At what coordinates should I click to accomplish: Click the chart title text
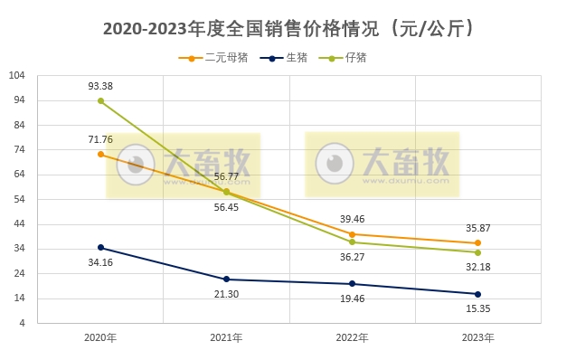click(288, 29)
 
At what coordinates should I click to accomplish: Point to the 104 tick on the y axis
click(17, 75)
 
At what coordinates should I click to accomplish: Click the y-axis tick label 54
click(20, 199)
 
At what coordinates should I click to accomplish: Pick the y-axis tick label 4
click(23, 323)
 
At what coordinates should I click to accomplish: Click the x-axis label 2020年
click(100, 338)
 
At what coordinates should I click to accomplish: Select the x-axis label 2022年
click(352, 338)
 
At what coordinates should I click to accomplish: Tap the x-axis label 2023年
click(477, 338)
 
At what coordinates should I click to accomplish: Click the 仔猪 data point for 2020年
click(100, 101)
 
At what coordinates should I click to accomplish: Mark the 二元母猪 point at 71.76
click(100, 155)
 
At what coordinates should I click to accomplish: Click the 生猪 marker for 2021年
click(226, 279)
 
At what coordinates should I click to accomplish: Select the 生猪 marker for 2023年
click(477, 294)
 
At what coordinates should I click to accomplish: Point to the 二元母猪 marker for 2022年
click(352, 234)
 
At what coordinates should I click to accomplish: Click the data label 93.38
click(100, 86)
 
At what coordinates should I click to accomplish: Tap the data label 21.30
click(226, 295)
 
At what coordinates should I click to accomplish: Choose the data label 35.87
click(477, 228)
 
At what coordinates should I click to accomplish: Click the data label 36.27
click(352, 257)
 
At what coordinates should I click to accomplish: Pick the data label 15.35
click(477, 309)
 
